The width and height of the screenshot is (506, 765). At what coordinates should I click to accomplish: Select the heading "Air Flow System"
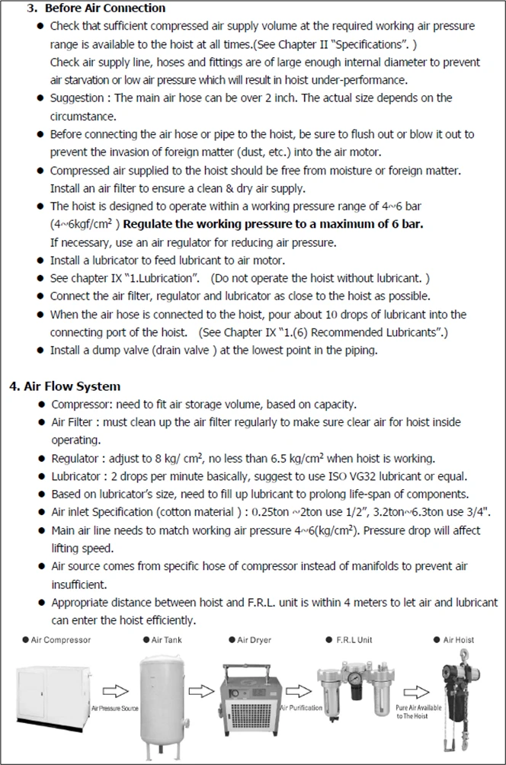[x=72, y=386]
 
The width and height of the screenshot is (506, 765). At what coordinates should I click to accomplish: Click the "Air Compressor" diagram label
[x=61, y=640]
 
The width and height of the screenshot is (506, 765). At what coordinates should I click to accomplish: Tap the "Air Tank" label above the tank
[x=167, y=640]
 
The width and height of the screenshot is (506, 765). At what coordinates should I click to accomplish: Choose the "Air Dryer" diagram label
[x=254, y=640]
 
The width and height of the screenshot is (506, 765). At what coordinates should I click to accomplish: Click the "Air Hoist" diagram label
[x=458, y=640]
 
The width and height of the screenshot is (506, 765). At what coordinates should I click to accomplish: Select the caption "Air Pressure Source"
[x=115, y=709]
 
